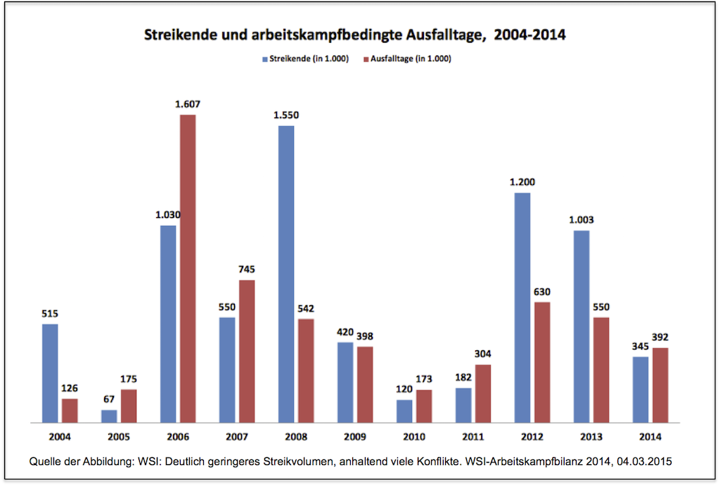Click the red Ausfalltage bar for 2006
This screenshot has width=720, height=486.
point(188,268)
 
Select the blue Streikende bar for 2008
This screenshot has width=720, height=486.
point(286,274)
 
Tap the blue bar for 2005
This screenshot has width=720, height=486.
point(109,416)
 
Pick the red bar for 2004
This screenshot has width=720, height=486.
point(70,410)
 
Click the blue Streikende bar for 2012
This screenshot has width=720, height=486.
point(522,307)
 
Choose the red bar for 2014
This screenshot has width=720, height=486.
point(660,385)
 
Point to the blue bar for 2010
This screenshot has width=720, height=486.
point(404,411)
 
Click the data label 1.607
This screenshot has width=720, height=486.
point(188,105)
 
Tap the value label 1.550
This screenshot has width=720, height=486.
point(286,115)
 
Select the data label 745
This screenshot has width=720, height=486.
point(247,269)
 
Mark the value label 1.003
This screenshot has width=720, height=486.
point(581,220)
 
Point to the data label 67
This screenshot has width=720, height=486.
point(109,399)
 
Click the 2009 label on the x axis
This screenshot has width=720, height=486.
point(355,437)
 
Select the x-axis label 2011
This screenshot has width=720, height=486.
point(473,437)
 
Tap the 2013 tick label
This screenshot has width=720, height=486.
point(591,437)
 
